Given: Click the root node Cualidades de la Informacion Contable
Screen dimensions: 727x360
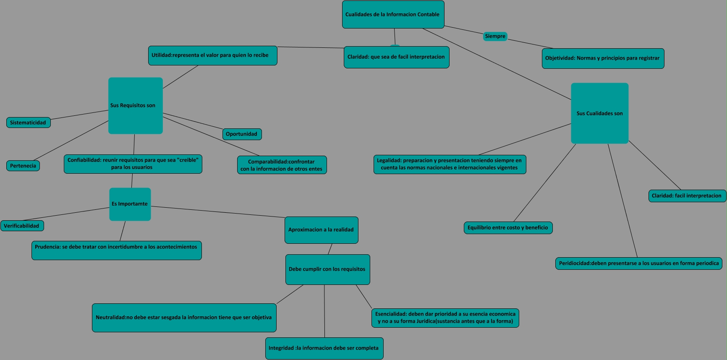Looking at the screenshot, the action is pos(393,15).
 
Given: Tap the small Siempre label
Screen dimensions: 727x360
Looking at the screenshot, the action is pos(495,37).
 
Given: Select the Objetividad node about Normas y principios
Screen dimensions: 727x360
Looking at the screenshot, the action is pos(603,58).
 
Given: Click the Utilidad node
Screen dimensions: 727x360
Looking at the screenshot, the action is pos(212,55).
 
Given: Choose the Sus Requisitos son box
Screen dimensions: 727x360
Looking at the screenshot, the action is pos(136,106).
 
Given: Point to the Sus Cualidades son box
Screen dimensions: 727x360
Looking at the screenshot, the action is pos(600,113).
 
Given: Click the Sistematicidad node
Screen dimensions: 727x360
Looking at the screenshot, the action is pos(29,123).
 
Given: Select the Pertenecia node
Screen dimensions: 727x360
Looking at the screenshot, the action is pos(23,166).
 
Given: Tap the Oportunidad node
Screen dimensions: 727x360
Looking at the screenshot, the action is pos(242,134).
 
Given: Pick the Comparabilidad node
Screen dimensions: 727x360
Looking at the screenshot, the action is pos(282,165).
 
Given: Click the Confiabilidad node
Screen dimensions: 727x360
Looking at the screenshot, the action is pos(133,164).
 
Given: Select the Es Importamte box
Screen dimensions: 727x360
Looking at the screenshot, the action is pos(130,204).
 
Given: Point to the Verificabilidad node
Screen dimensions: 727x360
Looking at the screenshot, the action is pos(22,226).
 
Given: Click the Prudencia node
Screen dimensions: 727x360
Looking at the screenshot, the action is pos(116,250).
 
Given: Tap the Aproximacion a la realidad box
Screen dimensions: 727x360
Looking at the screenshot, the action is pos(321,230).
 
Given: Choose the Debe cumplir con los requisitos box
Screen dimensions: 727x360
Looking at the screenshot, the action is pos(327,269).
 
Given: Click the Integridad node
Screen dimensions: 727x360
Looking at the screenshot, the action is pos(324,348).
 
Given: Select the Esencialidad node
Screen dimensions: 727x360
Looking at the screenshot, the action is pos(445,318).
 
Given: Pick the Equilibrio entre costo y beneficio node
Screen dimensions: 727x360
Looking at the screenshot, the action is pos(508,228).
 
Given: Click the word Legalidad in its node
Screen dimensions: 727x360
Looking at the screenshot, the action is pos(389,160).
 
